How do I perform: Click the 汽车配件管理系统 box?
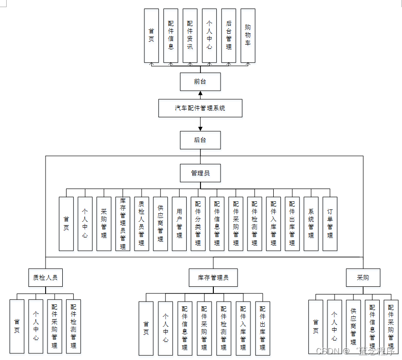click(200, 108)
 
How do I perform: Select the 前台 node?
click(200, 81)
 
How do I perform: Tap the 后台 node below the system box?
click(200, 140)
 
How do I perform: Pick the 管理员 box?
click(200, 173)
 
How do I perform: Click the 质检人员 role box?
click(46, 277)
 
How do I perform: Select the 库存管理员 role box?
click(213, 277)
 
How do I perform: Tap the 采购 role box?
click(363, 277)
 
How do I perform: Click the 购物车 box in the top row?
click(248, 36)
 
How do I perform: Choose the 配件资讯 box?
click(190, 36)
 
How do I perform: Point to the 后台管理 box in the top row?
click(229, 36)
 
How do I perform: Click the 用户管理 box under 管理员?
click(179, 224)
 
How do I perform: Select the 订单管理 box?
click(330, 224)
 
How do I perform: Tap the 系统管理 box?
click(311, 224)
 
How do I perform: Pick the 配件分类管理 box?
click(198, 224)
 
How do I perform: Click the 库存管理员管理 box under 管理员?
click(123, 224)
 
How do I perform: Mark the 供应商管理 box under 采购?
click(353, 327)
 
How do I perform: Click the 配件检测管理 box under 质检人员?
click(73, 326)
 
